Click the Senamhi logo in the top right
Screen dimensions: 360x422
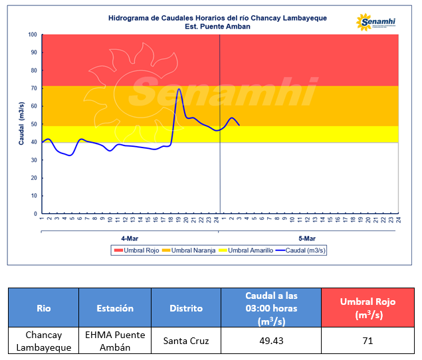coord(376,23)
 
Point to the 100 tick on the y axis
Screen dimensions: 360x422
coord(33,35)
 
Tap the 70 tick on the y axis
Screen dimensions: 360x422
coord(33,88)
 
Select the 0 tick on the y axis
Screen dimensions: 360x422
coord(35,214)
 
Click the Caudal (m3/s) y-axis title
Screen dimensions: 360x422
coord(21,124)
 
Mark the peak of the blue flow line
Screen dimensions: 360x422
coord(179,89)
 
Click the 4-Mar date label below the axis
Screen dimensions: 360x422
coord(130,238)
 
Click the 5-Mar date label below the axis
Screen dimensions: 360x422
coord(307,238)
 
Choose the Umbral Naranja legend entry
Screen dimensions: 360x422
coord(188,250)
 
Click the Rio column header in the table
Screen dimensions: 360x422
coord(43,308)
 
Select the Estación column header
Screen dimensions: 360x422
coord(114,308)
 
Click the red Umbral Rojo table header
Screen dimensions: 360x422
coord(368,308)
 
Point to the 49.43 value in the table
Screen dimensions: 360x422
coord(270,341)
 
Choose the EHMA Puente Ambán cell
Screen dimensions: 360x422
coord(114,341)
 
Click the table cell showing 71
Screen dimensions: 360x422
coord(368,341)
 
